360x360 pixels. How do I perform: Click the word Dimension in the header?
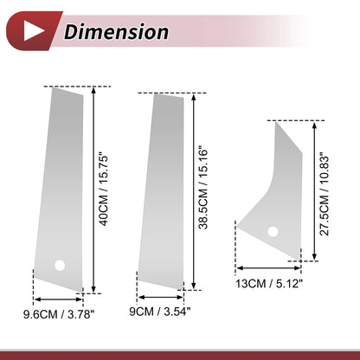tap(116, 32)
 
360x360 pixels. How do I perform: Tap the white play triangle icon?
tap(34, 30)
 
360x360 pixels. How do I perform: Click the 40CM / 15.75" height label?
tap(103, 190)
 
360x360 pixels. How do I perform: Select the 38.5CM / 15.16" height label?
tap(203, 190)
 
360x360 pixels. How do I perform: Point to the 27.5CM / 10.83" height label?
tap(325, 196)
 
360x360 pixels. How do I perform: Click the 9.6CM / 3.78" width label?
tap(59, 314)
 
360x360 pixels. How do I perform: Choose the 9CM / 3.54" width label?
tap(160, 312)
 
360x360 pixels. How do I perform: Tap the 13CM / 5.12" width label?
tap(269, 284)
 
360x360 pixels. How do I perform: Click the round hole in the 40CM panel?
tap(60, 266)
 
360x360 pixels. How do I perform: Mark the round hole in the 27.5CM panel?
tap(273, 232)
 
